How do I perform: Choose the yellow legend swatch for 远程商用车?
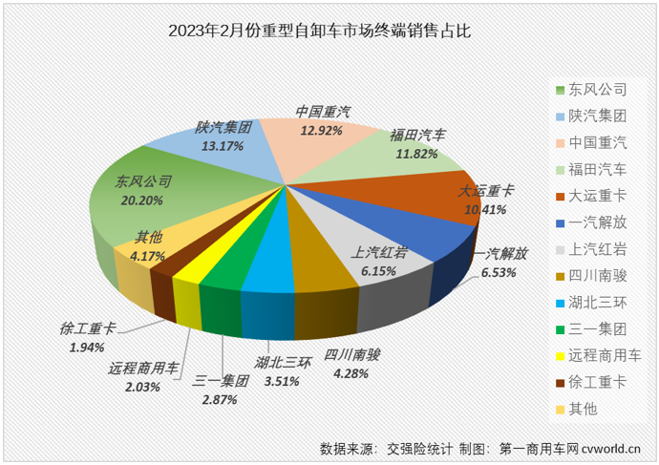click(x=562, y=356)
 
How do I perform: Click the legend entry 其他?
click(x=583, y=409)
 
